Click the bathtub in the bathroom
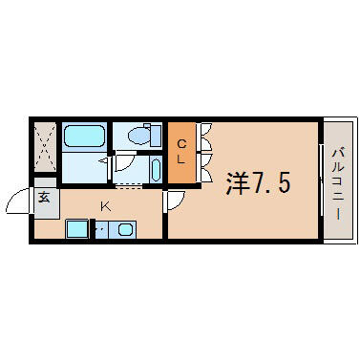(84, 136)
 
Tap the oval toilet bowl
(139, 136)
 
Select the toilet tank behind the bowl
(156, 136)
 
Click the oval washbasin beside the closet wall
(156, 170)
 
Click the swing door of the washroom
(124, 162)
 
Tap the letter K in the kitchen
(105, 207)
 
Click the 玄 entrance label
(45, 198)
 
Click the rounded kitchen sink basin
(125, 229)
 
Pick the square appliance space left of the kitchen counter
(76, 228)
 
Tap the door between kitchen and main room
(173, 201)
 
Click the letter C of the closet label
(181, 144)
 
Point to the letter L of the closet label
(181, 159)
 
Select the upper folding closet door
(204, 137)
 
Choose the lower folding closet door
(204, 168)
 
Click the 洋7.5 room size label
(258, 184)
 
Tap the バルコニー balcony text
(338, 183)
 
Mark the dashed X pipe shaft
(45, 147)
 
